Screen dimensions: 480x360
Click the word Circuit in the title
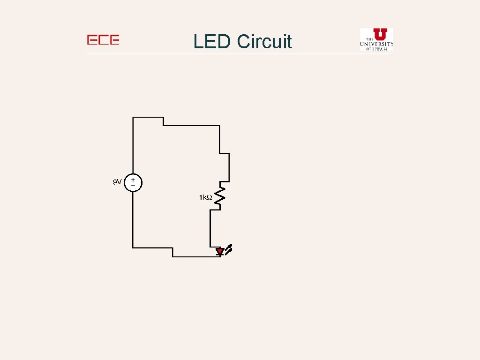264,42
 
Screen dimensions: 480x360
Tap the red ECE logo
103,40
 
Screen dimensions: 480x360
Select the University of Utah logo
376,39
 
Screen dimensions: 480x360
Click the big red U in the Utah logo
380,34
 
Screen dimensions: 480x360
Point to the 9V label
117,182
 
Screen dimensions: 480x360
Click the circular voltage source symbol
133,182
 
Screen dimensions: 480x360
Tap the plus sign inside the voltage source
133,180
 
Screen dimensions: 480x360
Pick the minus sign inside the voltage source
133,186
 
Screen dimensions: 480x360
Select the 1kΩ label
205,198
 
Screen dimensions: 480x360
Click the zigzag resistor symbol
220,196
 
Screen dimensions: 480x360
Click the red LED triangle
219,252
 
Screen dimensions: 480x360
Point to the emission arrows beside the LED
229,249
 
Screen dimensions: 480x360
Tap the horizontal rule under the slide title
239,53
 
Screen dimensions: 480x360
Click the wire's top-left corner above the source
133,117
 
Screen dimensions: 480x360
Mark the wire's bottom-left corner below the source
133,247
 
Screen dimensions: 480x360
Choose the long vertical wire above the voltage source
133,145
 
